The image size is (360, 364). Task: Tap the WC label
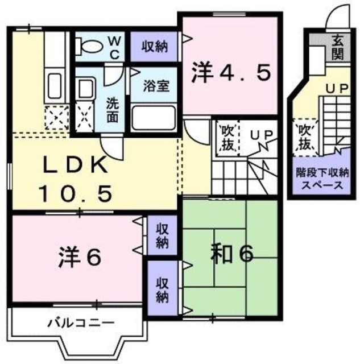[x=114, y=46]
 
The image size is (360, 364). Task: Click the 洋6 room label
[x=79, y=257]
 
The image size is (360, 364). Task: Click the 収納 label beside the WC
[x=155, y=46]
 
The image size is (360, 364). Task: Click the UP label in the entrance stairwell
[x=334, y=89]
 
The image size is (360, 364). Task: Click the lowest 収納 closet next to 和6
[x=163, y=289]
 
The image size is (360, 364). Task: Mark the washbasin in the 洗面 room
[x=85, y=89]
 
